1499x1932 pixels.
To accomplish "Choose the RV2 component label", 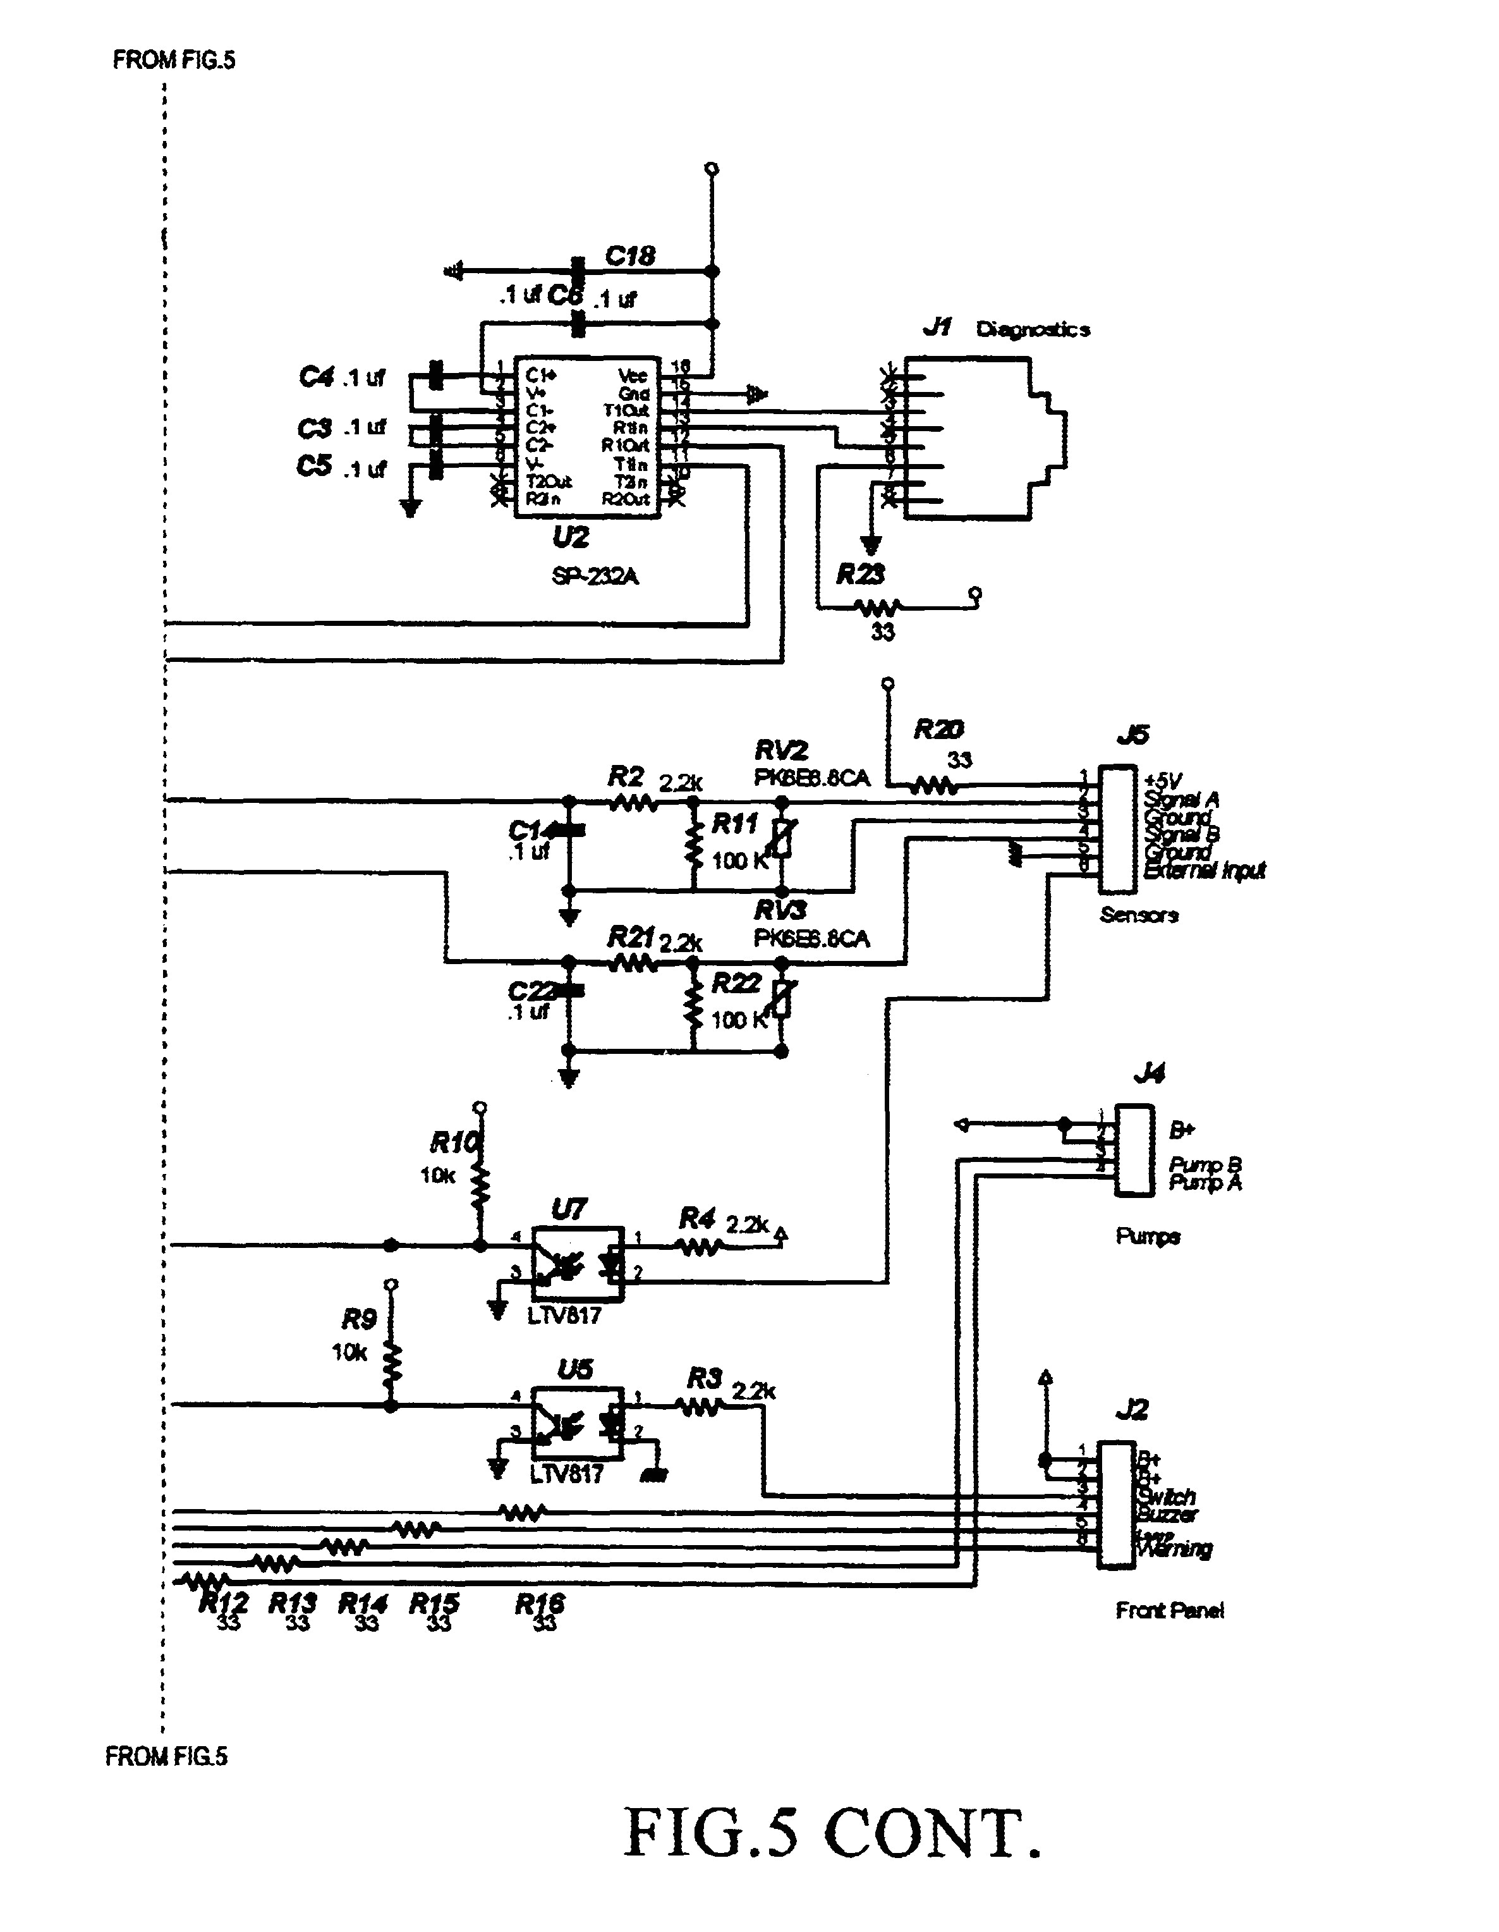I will [x=781, y=751].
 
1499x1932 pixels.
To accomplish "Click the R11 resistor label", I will [x=735, y=824].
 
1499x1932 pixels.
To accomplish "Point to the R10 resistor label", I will [x=454, y=1144].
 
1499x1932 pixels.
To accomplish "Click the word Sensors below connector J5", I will [x=1138, y=915].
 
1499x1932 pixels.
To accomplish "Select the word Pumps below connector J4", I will [x=1147, y=1236].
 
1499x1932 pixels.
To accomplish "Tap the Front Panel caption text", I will [x=1169, y=1611].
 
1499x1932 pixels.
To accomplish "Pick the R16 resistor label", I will [x=540, y=1603].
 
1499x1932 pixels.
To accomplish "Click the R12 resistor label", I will [x=223, y=1602].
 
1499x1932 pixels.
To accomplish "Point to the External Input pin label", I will [x=1204, y=871].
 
